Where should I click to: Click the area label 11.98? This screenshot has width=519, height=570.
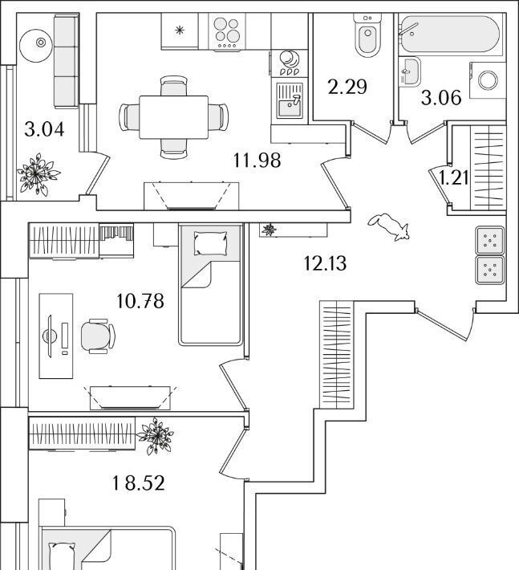click(257, 160)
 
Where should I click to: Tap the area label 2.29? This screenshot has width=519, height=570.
click(347, 86)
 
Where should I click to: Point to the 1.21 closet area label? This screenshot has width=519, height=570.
click(453, 177)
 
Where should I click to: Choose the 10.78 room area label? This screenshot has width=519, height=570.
click(140, 302)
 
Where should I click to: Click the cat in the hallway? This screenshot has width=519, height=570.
click(391, 226)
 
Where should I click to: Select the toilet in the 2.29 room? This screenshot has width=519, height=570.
click(367, 37)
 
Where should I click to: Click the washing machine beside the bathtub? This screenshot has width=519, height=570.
click(487, 79)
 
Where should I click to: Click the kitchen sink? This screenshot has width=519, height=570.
click(288, 101)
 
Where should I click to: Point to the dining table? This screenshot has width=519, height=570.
click(174, 116)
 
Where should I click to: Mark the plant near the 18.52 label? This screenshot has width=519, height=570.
click(155, 436)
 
